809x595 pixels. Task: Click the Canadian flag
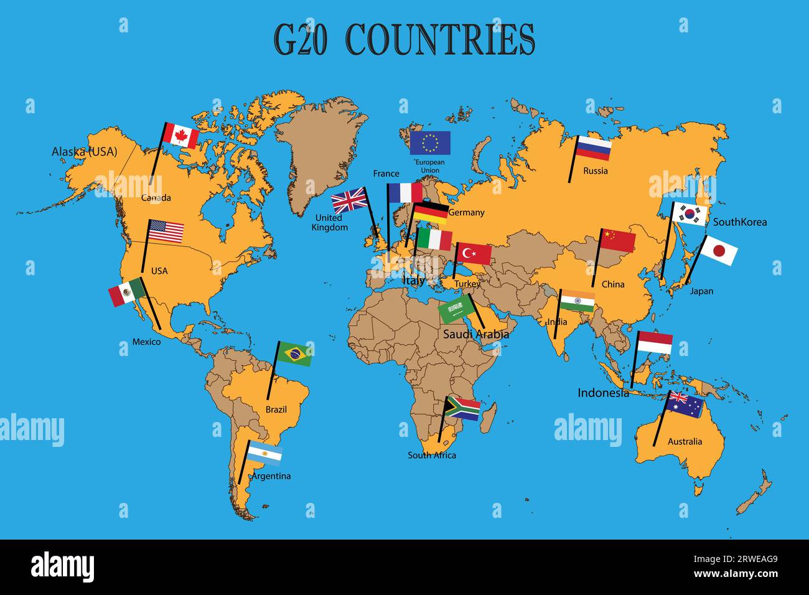(180, 136)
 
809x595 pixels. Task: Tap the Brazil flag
(294, 354)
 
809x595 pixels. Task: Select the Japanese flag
(719, 251)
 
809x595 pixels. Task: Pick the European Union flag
(430, 143)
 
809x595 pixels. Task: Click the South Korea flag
(690, 214)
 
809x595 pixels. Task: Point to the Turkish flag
(473, 253)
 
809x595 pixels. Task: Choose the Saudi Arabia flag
(457, 308)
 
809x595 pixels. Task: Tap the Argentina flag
(264, 454)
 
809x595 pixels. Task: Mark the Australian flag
(685, 404)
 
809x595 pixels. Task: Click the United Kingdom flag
(349, 201)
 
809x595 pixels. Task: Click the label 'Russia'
(596, 171)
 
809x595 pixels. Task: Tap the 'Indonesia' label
(603, 393)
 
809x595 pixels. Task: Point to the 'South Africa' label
(432, 456)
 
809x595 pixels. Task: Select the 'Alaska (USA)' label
(84, 151)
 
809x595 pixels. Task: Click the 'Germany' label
(466, 213)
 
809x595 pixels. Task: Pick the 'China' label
(613, 284)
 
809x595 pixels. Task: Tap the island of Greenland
(320, 149)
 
